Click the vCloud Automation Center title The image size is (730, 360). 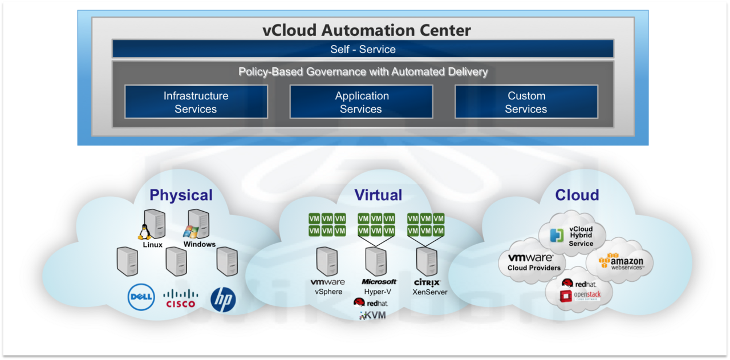pyautogui.click(x=366, y=30)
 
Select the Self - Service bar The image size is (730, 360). pyautogui.click(x=363, y=49)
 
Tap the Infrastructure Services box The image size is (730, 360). pyautogui.click(x=196, y=102)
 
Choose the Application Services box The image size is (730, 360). pyautogui.click(x=362, y=102)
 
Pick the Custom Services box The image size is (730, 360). pyautogui.click(x=526, y=102)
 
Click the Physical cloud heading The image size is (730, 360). pyautogui.click(x=181, y=196)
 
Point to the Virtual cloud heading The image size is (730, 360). pyautogui.click(x=378, y=195)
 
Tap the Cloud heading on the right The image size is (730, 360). pyautogui.click(x=577, y=195)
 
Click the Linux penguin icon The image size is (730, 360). pyautogui.click(x=144, y=232)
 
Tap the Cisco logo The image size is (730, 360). pyautogui.click(x=181, y=298)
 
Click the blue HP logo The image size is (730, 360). pyautogui.click(x=223, y=300)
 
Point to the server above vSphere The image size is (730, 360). pyautogui.click(x=327, y=261)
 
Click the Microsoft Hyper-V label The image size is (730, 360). pyautogui.click(x=379, y=286)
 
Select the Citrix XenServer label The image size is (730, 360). pyautogui.click(x=428, y=286)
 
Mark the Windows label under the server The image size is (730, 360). pyautogui.click(x=200, y=244)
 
